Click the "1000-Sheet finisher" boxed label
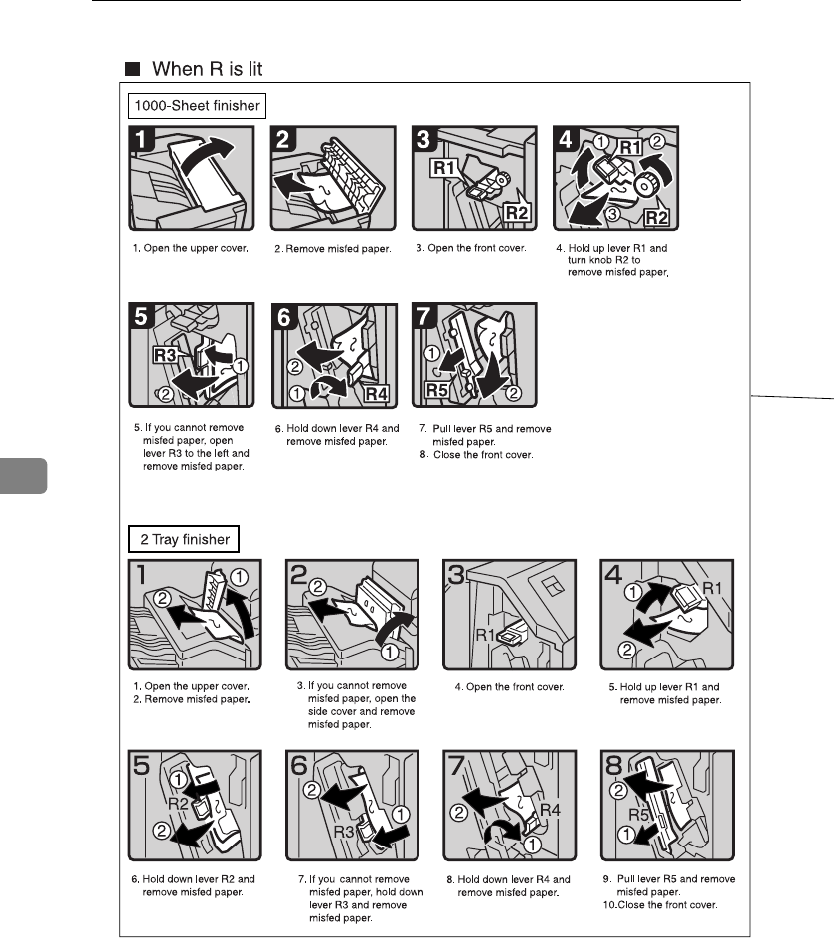pos(197,106)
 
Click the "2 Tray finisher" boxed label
pos(184,539)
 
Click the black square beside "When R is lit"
pos(132,69)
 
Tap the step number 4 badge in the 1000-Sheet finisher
pos(565,139)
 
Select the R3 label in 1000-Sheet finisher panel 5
pos(165,355)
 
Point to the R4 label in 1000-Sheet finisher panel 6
pos(377,394)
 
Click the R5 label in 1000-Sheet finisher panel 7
pos(436,390)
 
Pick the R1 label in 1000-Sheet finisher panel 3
pos(444,168)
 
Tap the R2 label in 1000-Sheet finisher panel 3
pos(517,212)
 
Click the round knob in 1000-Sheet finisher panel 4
pos(646,185)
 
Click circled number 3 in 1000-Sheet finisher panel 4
pos(612,214)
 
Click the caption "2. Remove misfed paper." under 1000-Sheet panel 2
pos(333,249)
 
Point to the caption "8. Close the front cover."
pos(476,455)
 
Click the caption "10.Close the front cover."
pos(660,905)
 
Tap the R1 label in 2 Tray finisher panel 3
pos(485,635)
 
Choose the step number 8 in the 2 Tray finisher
pos(614,766)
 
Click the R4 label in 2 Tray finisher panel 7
pos(550,810)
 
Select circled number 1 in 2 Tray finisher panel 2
pos(390,652)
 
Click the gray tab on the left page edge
pos(24,476)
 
